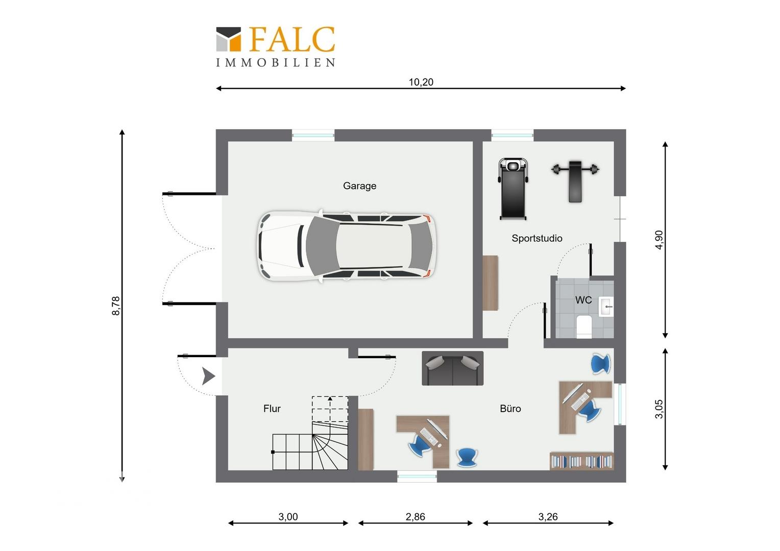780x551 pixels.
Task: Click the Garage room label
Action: pos(359,186)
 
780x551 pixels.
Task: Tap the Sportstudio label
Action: pos(537,238)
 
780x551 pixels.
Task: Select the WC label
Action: pos(583,299)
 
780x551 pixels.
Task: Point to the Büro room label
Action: pos(510,409)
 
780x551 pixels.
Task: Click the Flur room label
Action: pos(272,409)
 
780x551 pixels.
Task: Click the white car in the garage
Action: pos(347,246)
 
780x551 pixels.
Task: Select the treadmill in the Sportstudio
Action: pos(513,189)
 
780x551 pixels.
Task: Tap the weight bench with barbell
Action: pos(575,181)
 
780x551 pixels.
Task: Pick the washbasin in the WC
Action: pos(606,306)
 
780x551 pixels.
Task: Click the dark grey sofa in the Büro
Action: pos(452,368)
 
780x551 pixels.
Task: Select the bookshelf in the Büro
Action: pos(581,461)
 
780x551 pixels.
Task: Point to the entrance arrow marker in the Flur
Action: pos(209,376)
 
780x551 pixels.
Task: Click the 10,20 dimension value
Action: pos(421,82)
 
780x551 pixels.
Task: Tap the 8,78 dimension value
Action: pos(115,306)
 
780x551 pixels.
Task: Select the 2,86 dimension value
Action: pos(415,517)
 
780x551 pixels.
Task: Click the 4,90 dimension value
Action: pos(659,240)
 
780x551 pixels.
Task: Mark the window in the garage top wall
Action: pos(313,135)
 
